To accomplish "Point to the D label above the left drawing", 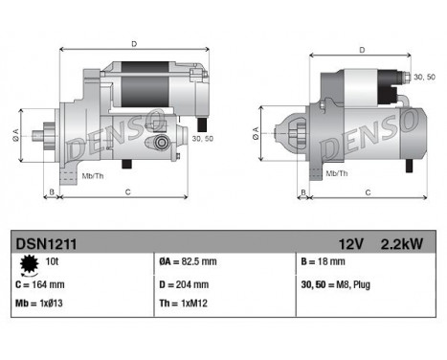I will (x=134, y=43).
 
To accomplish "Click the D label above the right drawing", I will (x=362, y=50).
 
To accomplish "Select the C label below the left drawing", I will (x=128, y=193).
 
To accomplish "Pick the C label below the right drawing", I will (x=369, y=193).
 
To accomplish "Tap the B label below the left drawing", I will (x=51, y=193).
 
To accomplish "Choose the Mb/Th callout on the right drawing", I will (x=337, y=173).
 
